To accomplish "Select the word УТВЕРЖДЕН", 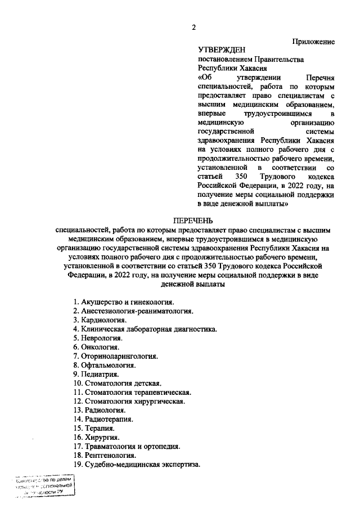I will (222, 50).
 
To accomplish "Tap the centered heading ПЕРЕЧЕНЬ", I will (193, 220).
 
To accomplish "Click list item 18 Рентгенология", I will (104, 455).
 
